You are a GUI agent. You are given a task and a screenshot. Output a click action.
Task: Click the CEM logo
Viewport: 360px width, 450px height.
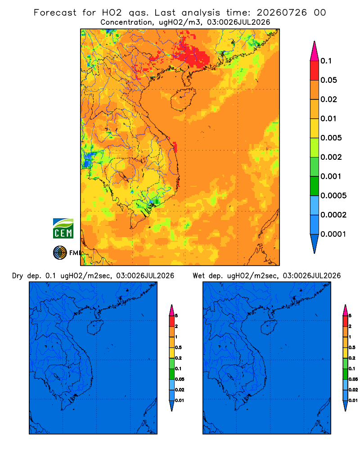63,228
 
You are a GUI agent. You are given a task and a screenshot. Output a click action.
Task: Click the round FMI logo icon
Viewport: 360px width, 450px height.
60,252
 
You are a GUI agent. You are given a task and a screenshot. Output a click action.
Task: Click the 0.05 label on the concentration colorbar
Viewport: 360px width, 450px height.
328,80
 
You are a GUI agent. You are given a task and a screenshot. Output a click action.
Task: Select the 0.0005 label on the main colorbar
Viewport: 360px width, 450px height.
333,196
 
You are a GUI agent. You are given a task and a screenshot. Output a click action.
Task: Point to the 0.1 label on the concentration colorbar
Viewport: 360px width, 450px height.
326,61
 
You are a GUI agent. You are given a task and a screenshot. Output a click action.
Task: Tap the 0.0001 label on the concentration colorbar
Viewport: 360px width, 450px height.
333,234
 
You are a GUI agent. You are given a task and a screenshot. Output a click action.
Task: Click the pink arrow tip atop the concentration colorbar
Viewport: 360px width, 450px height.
315,50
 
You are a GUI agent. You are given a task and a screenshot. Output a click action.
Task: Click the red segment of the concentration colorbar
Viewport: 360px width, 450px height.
315,71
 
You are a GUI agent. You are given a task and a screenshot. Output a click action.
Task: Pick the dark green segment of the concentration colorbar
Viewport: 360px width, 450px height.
315,186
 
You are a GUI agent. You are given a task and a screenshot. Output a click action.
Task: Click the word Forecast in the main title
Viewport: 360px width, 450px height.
55,13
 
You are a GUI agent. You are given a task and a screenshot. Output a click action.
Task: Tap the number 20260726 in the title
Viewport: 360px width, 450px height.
282,13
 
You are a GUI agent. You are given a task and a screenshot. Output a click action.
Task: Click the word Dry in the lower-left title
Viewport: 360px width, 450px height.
17,276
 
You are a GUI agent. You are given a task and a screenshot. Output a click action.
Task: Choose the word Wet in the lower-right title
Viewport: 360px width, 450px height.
199,276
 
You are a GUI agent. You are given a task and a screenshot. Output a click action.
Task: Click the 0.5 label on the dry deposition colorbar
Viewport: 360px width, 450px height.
178,347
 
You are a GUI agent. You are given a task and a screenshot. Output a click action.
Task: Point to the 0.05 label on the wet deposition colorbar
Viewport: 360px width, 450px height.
353,379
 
